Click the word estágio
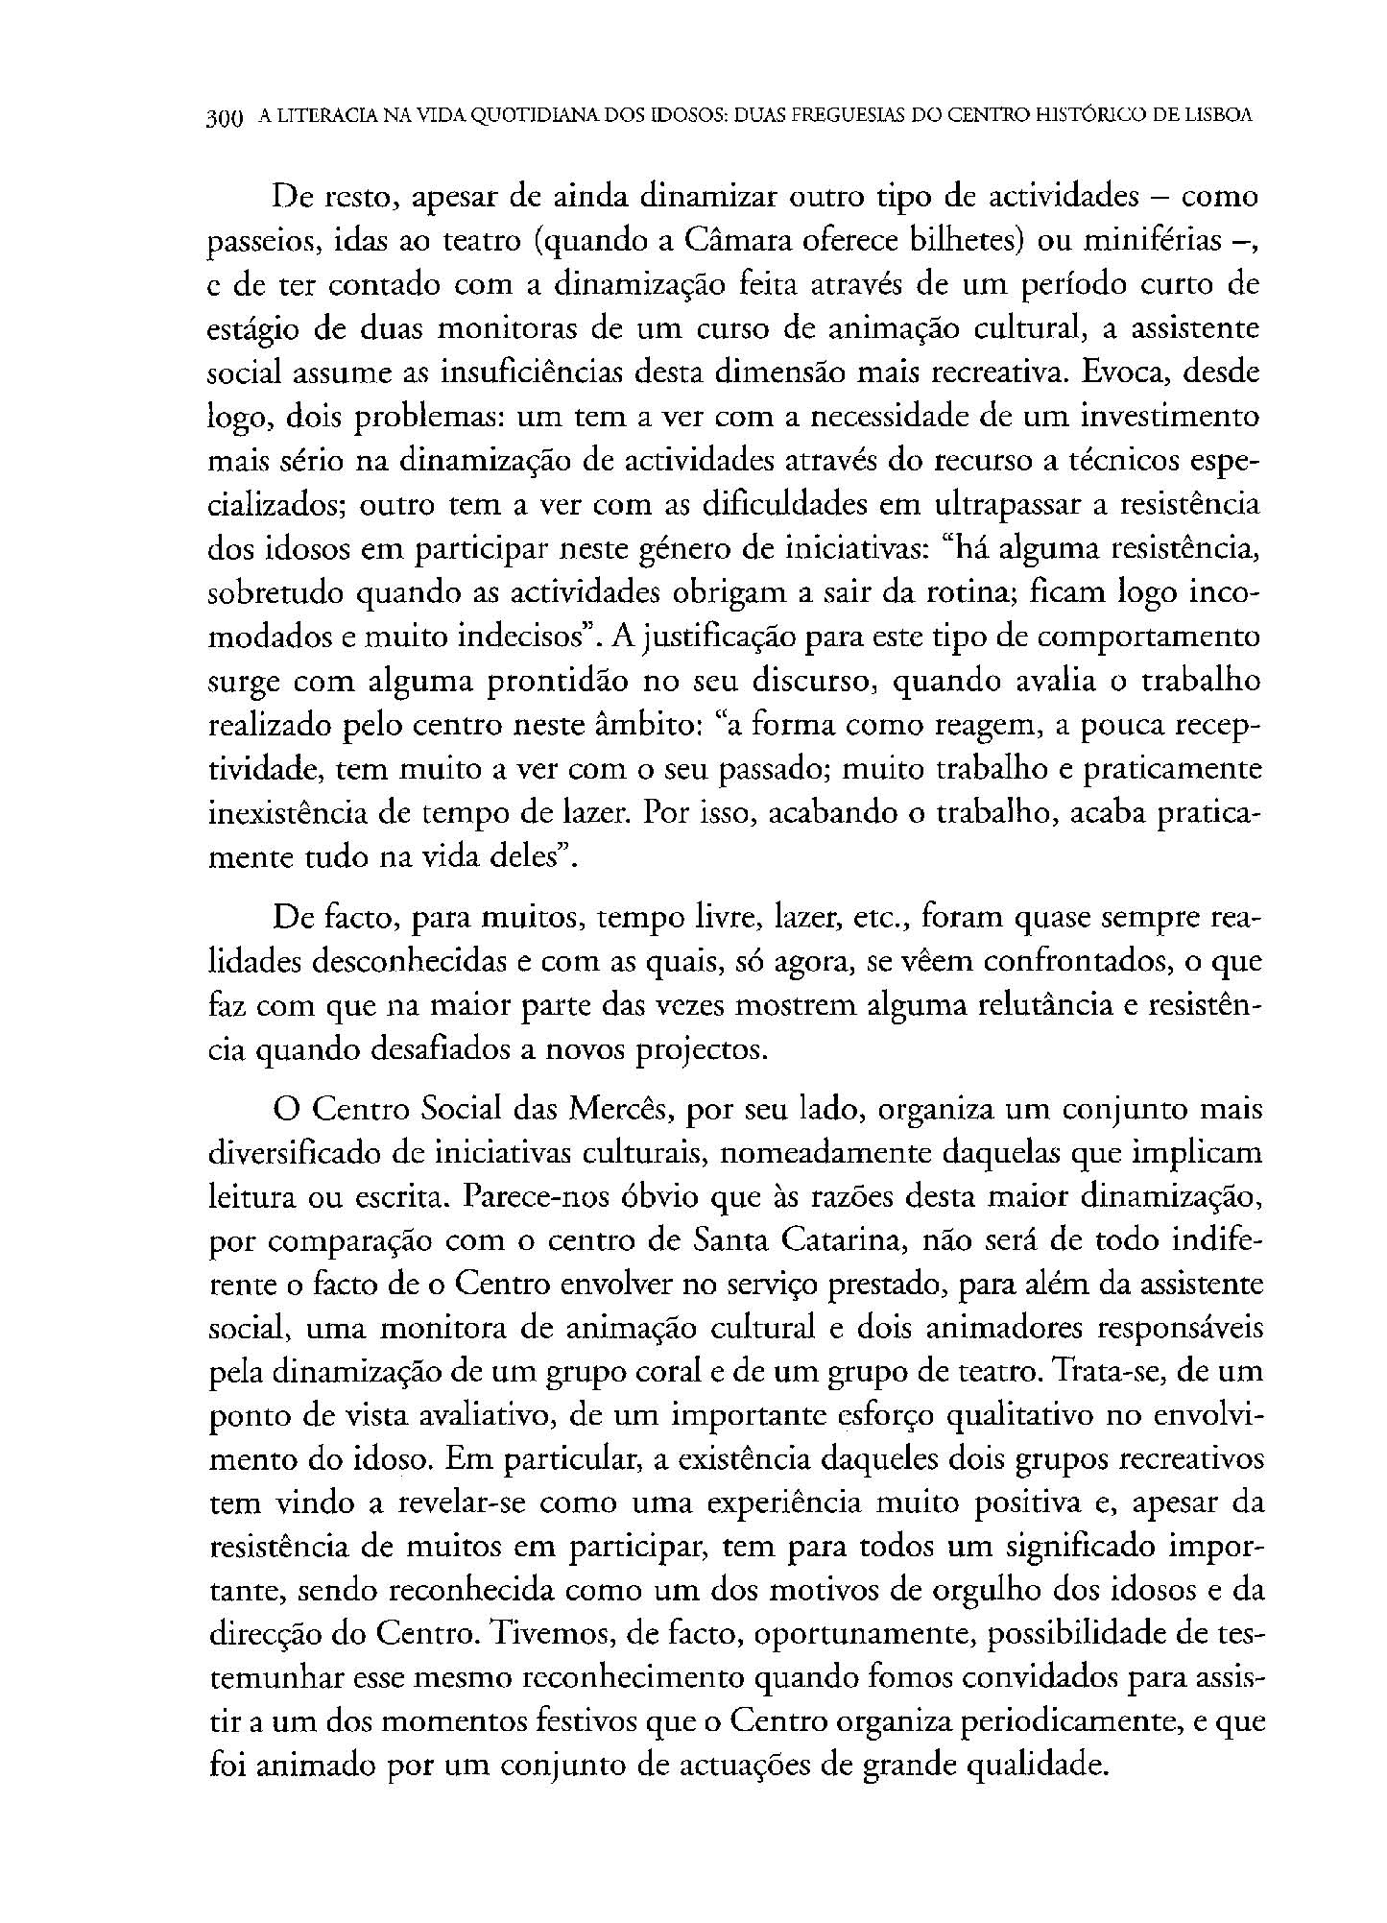(x=250, y=329)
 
